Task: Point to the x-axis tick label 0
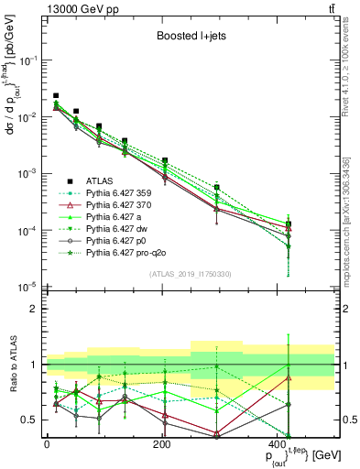pyautogui.click(x=46, y=443)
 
